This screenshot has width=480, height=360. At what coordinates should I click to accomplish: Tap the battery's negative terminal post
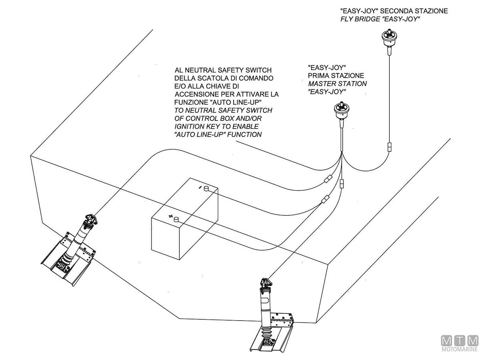pos(207,188)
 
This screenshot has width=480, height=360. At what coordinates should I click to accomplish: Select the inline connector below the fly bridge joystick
pos(389,147)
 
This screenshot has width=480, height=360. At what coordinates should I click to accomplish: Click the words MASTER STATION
pos(337,84)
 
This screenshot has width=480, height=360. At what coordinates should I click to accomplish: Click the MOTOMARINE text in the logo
pos(459,349)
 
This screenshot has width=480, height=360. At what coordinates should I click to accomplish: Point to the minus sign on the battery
pos(199,187)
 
